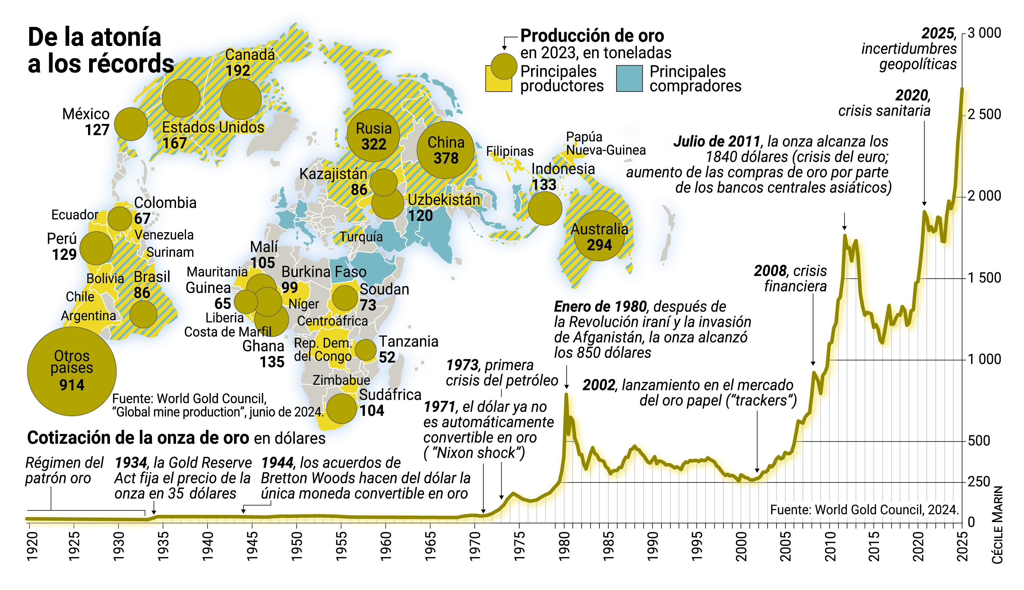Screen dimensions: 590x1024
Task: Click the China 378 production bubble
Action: coord(445,150)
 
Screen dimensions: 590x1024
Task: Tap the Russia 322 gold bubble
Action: coord(373,135)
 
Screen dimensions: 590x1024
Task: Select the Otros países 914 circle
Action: coord(72,371)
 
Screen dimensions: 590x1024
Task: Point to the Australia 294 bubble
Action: coord(599,236)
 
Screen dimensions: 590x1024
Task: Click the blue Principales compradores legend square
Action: coord(629,79)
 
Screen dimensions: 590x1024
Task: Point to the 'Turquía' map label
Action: coord(361,237)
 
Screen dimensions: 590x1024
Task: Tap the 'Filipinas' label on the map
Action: coord(510,151)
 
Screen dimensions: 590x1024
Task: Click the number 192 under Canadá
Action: coord(238,71)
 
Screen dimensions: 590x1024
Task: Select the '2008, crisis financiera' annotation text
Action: coord(790,278)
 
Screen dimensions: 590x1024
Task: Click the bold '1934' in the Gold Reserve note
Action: coord(131,463)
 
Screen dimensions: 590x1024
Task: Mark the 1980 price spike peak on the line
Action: coord(566,394)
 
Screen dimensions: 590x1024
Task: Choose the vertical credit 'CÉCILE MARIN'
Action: coord(997,524)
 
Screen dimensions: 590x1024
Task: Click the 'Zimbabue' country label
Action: coord(341,380)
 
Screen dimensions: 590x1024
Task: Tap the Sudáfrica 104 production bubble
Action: coord(341,408)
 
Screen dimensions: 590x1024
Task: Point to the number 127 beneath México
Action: coord(97,130)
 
